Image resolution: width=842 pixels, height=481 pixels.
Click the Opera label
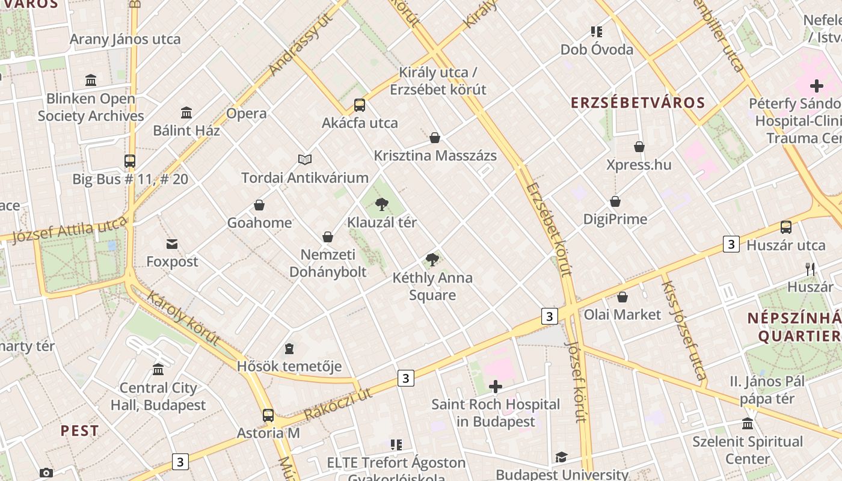click(x=247, y=113)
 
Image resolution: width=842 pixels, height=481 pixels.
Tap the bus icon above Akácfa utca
click(x=360, y=105)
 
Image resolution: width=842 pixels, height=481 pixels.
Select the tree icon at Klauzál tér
click(x=381, y=205)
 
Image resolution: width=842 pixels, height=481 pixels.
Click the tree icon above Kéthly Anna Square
click(x=432, y=260)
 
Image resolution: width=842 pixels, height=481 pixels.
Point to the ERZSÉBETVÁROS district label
click(x=638, y=103)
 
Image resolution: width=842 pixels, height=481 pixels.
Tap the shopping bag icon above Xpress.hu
click(x=639, y=147)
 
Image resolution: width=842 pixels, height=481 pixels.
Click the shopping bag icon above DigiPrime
click(x=615, y=201)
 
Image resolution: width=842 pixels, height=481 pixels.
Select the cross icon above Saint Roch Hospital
click(x=496, y=387)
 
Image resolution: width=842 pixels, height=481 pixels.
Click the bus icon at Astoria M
click(x=268, y=415)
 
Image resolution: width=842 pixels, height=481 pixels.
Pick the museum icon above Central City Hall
click(x=158, y=369)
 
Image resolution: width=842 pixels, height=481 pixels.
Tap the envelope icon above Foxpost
click(x=172, y=244)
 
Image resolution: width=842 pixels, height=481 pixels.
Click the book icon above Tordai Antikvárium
click(x=305, y=160)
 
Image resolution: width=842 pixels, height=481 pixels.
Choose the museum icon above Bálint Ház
click(x=186, y=112)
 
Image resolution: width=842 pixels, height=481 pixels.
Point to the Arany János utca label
click(x=125, y=40)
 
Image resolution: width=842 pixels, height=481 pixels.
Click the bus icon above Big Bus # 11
click(x=130, y=161)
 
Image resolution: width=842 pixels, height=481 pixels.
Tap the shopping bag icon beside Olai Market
click(x=622, y=297)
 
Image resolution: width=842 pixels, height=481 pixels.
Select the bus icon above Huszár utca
click(x=786, y=227)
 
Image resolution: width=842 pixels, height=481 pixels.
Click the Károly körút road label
click(x=183, y=319)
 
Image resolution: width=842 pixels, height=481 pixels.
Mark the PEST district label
click(x=79, y=431)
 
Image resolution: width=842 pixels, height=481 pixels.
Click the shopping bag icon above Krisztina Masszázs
click(x=435, y=138)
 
